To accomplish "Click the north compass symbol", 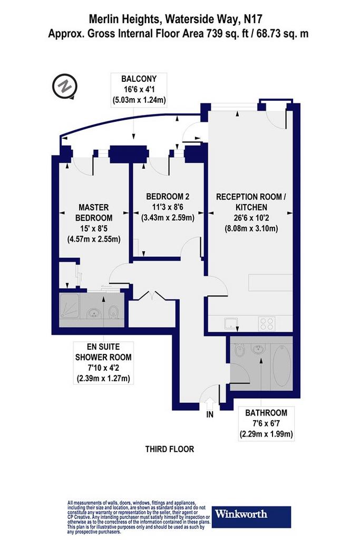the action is (x=64, y=86).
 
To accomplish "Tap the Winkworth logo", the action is (x=251, y=517).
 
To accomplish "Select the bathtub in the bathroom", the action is (x=281, y=364).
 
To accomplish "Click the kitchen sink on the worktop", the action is (x=230, y=324).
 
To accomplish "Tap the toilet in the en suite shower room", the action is (x=113, y=312).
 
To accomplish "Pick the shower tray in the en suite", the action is (x=70, y=310).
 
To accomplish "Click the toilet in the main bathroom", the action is (x=239, y=351).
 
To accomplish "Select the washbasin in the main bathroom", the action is (x=257, y=349).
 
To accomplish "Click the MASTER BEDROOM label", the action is (x=94, y=213).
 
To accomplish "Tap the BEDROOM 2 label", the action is (x=168, y=196).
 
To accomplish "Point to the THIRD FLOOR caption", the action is (x=170, y=449).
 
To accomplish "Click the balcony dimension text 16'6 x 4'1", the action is (x=139, y=90).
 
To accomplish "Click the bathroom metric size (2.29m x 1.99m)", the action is (x=266, y=433).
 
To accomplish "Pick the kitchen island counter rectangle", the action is (x=270, y=283).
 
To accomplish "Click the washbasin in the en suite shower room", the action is (x=93, y=313).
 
